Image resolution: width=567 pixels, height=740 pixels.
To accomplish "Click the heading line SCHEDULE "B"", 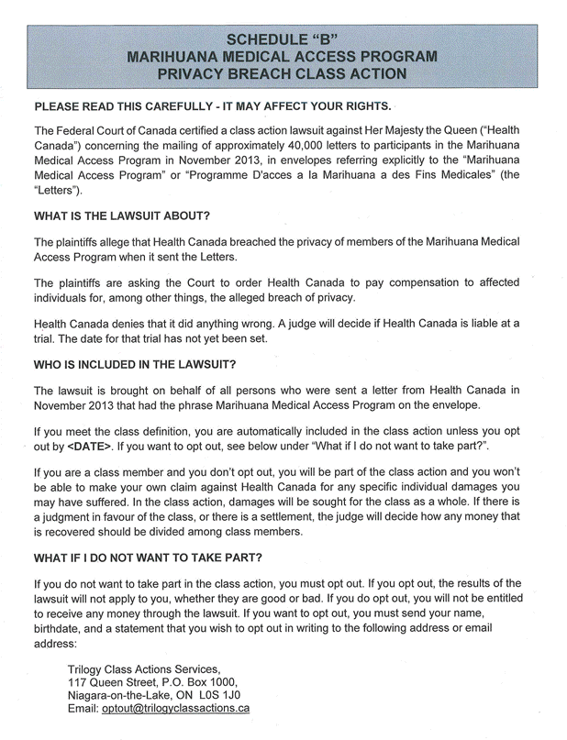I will [x=283, y=40].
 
